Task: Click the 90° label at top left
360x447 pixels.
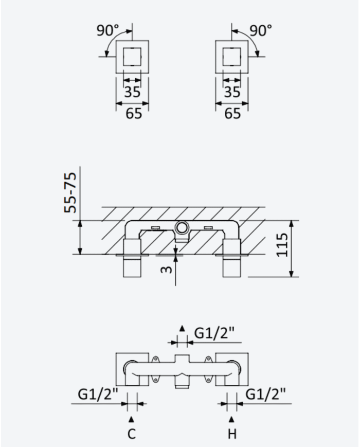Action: (107, 30)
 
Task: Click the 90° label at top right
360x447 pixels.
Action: (261, 30)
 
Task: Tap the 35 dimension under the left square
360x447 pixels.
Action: (133, 92)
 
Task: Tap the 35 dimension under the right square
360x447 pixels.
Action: (232, 92)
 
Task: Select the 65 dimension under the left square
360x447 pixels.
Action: (134, 114)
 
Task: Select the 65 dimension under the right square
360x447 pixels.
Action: (232, 114)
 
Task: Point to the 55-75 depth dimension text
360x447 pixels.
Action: (70, 192)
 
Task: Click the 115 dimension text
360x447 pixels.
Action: (282, 245)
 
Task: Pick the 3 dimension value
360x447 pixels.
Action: (167, 270)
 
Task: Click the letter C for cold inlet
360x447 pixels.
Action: (132, 434)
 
